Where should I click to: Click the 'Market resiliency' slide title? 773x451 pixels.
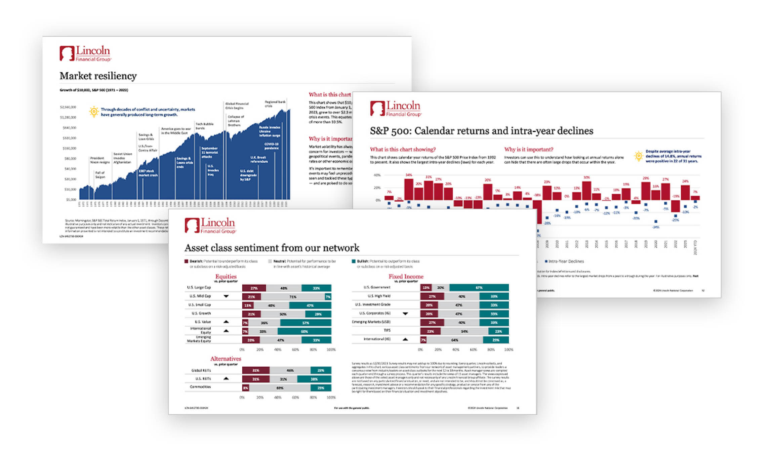[x=98, y=76]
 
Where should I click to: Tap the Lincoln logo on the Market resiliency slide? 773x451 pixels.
[x=85, y=53]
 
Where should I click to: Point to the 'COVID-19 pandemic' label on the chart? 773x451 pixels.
[x=271, y=146]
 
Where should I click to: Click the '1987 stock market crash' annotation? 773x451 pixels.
[x=148, y=173]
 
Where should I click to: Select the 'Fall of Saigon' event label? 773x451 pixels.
[x=100, y=175]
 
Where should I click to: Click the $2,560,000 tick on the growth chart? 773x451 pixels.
[x=68, y=107]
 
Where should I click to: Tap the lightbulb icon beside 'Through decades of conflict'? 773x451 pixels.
[x=94, y=112]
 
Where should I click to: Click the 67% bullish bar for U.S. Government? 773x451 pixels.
[x=479, y=288]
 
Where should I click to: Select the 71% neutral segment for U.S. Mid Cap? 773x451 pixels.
[x=293, y=297]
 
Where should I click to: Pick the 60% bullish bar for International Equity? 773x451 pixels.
[x=304, y=331]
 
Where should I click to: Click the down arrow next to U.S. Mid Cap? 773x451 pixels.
[x=226, y=296]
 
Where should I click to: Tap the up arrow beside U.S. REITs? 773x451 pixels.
[x=226, y=378]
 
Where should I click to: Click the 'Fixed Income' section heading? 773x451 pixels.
[x=406, y=277]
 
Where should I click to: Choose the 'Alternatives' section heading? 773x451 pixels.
[x=226, y=359]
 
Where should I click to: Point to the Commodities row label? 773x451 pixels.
[x=200, y=387]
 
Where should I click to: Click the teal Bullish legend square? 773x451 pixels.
[x=354, y=261]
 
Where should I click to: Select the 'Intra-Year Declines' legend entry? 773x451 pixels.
[x=566, y=261]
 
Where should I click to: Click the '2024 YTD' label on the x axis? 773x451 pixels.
[x=695, y=248]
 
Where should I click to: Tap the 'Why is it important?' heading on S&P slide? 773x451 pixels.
[x=528, y=150]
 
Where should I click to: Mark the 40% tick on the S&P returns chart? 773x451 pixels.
[x=377, y=175]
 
